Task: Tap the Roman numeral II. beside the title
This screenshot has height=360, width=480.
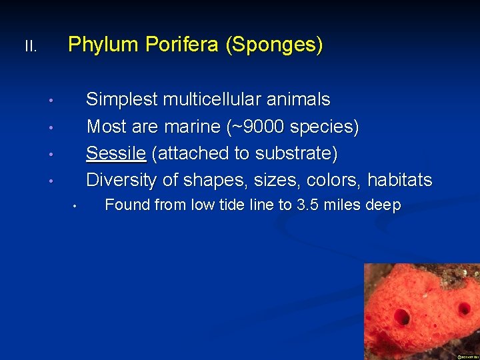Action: coord(31,47)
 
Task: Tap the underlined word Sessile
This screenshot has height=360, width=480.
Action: coord(116,153)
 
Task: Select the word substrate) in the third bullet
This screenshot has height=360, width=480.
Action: coord(296,153)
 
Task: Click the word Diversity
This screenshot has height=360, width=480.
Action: coord(121,180)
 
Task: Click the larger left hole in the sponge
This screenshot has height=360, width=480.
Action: coord(402,317)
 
